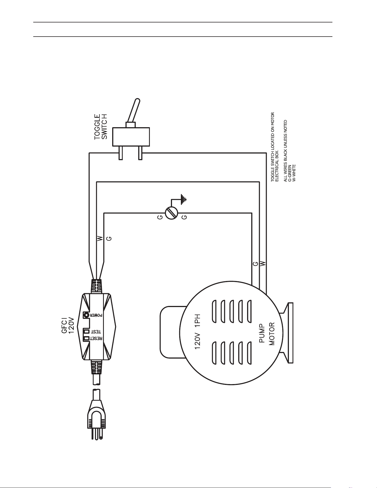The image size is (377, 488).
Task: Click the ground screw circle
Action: (171, 213)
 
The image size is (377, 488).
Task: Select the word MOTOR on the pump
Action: (272, 334)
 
